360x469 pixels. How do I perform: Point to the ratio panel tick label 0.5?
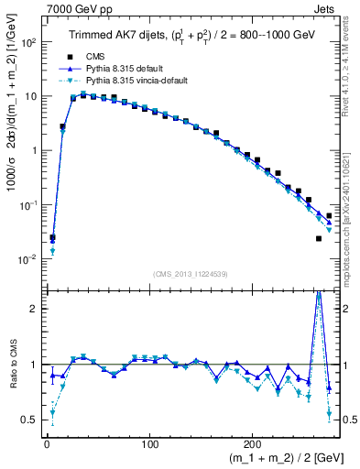pos(28,420)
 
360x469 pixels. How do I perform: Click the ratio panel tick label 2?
pos(33,309)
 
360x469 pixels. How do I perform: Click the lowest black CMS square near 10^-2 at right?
pos(319,238)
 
